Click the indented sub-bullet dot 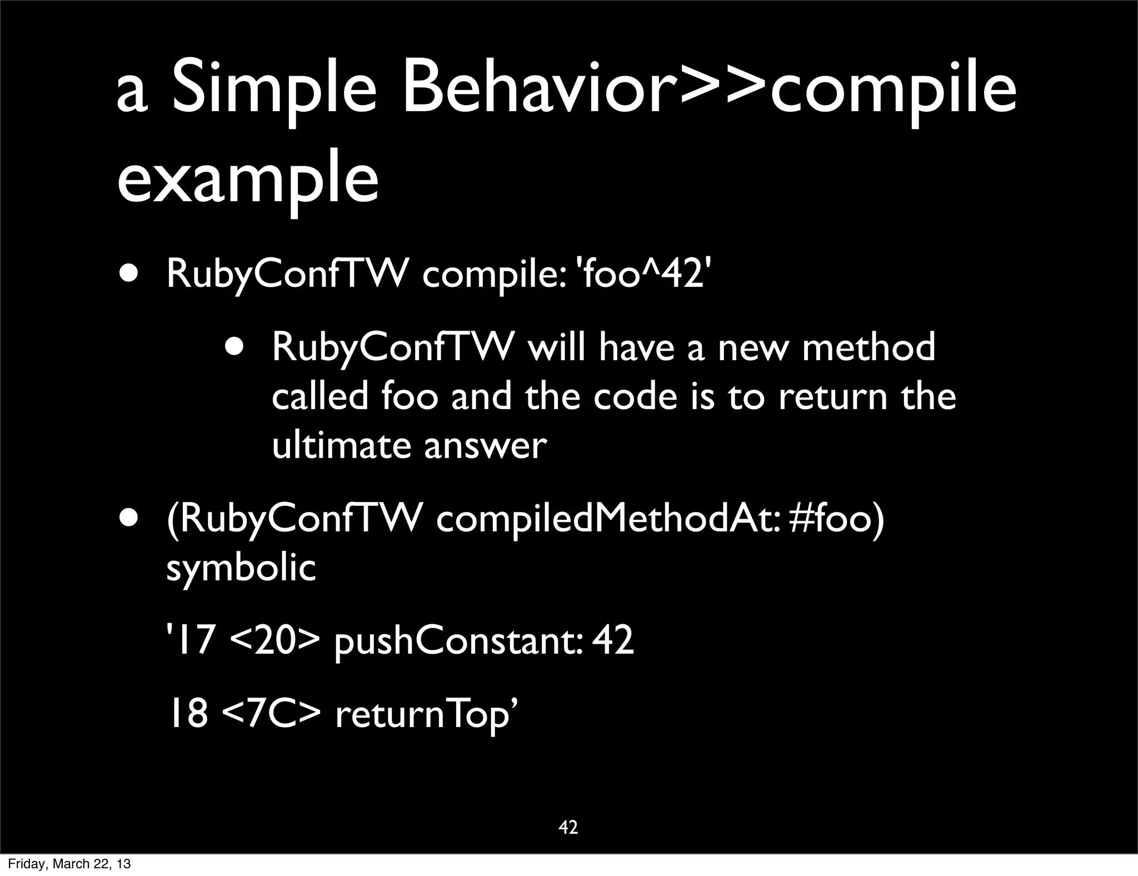tap(234, 346)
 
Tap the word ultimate tap(341, 445)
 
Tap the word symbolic tap(241, 568)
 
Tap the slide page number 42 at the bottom tap(568, 827)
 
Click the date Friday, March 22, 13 tap(69, 864)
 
